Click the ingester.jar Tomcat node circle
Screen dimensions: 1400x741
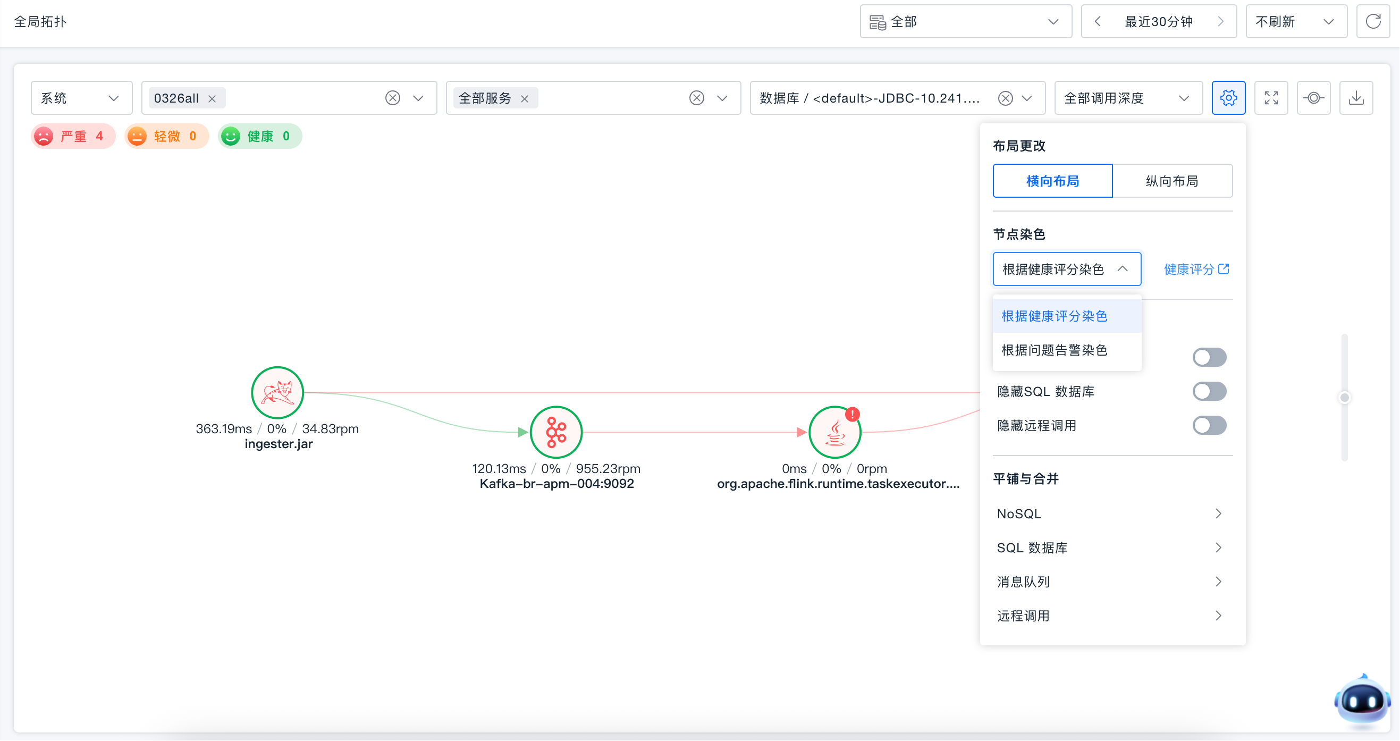click(277, 392)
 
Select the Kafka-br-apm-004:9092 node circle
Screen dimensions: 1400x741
click(556, 432)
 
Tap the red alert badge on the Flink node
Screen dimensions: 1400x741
click(852, 414)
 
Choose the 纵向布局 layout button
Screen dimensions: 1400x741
click(1173, 181)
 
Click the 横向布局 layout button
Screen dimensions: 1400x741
click(1053, 181)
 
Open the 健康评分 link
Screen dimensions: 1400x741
click(1196, 269)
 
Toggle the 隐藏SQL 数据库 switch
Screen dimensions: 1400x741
click(1209, 391)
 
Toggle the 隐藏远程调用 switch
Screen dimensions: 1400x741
click(1209, 426)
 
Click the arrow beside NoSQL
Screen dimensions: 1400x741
click(1218, 513)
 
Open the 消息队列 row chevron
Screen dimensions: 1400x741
click(1218, 582)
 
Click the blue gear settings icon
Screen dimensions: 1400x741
click(1228, 98)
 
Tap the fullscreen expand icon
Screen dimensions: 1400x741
click(1271, 98)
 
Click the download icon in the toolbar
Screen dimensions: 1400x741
click(1356, 98)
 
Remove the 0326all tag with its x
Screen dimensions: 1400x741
click(212, 98)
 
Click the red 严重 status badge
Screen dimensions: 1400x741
click(73, 136)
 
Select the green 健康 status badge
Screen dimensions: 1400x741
click(260, 136)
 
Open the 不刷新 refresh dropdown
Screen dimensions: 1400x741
click(1296, 22)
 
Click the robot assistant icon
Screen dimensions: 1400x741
click(1362, 701)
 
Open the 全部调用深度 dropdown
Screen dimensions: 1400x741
click(1128, 98)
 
